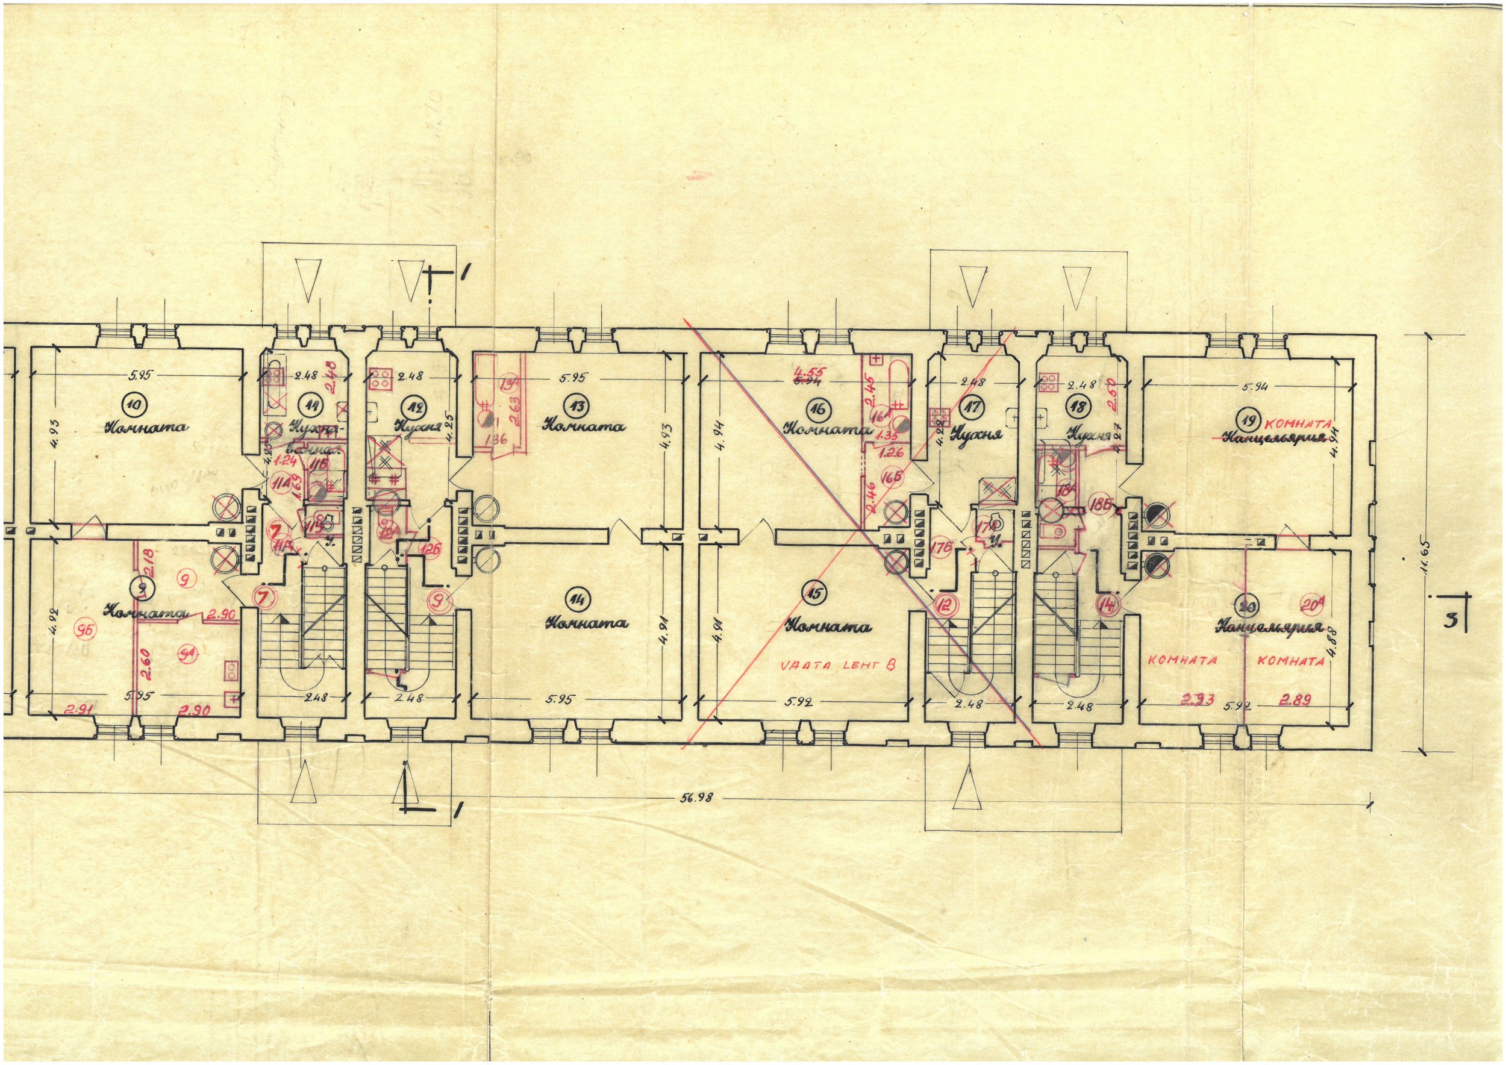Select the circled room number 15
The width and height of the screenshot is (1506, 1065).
tap(814, 593)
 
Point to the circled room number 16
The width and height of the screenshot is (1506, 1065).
tap(817, 409)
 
